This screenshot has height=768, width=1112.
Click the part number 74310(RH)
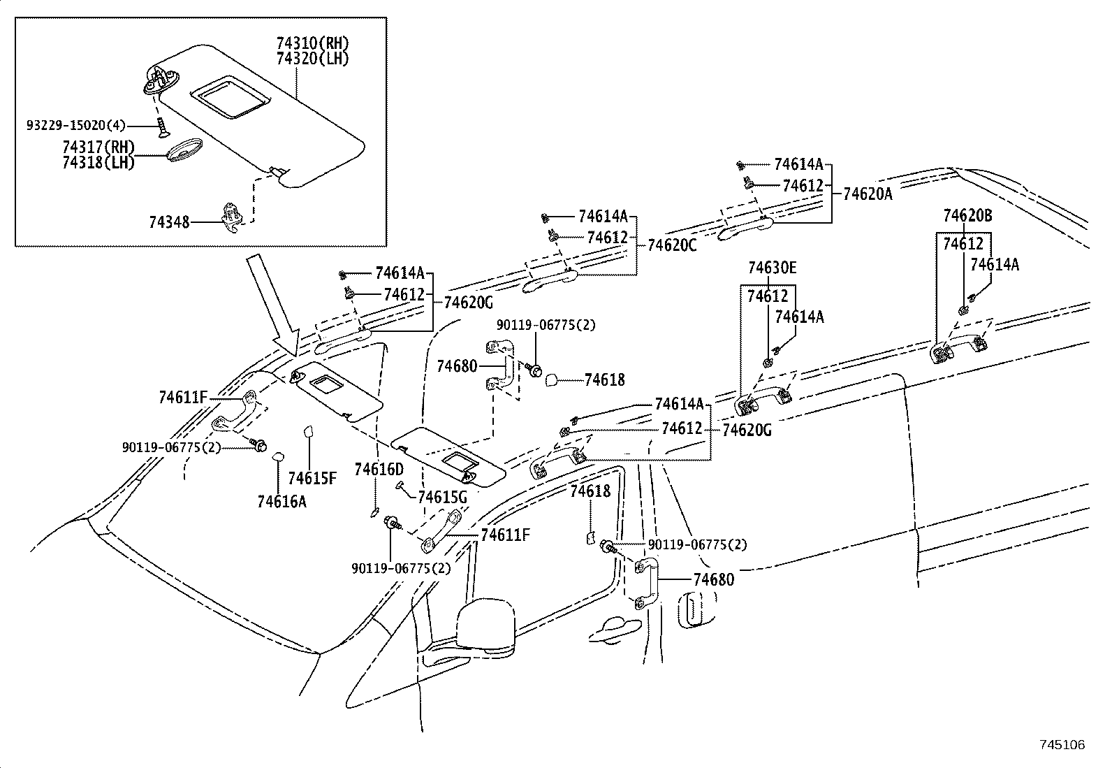click(312, 44)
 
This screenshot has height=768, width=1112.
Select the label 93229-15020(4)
click(76, 126)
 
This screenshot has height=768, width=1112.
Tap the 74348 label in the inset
click(169, 222)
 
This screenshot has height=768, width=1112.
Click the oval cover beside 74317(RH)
click(183, 152)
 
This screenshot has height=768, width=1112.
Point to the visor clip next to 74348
click(232, 215)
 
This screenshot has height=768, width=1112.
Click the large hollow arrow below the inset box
click(273, 303)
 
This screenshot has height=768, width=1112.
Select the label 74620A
click(868, 194)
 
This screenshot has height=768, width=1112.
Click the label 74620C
click(672, 245)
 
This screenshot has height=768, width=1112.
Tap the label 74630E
click(772, 268)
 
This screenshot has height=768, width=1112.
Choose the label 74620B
click(967, 216)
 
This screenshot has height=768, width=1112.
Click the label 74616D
click(379, 469)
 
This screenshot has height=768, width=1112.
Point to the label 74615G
click(441, 498)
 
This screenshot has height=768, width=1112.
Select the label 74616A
click(281, 501)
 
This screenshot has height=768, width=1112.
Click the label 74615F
click(312, 479)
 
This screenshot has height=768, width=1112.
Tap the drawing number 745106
click(1061, 745)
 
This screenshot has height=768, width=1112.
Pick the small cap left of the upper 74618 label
click(550, 379)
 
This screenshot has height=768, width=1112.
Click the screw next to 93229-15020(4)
click(162, 127)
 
